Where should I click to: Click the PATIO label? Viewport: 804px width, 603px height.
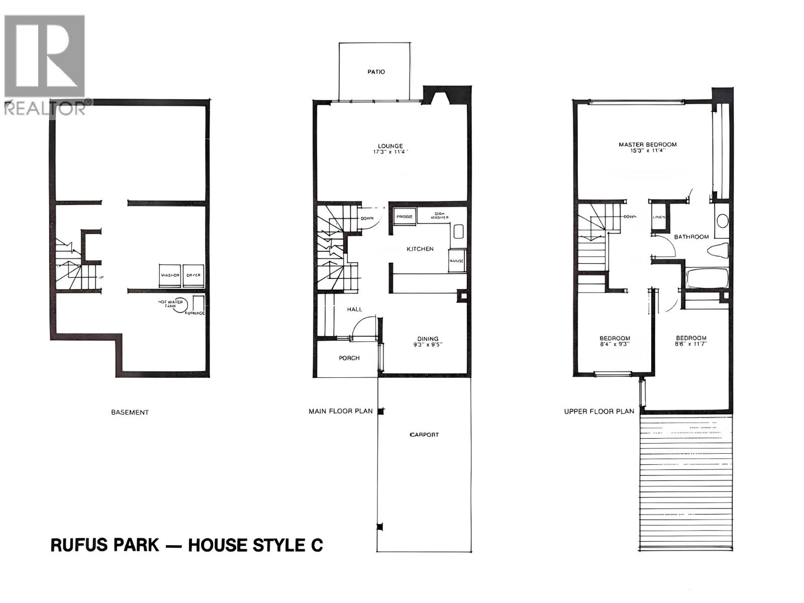[376, 72]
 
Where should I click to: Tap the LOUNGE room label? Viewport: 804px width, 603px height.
[390, 146]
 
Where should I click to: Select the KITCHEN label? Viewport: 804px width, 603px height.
[420, 249]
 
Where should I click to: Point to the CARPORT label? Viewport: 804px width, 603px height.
[424, 435]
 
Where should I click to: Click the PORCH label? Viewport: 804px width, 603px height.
[349, 358]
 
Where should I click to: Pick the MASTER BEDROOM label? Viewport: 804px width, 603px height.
[647, 145]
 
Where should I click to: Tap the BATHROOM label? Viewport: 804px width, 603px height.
[691, 237]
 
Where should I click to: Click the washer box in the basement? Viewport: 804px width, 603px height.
[170, 275]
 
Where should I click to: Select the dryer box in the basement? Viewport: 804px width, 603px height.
[193, 275]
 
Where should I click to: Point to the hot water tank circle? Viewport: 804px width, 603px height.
[180, 304]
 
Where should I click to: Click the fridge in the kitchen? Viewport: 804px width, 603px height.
[405, 217]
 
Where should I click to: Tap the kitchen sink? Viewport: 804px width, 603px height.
[458, 232]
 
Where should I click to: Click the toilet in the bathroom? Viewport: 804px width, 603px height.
[718, 250]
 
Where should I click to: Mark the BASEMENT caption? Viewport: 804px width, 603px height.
[130, 412]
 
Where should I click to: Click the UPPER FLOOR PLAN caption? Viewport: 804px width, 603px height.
[599, 411]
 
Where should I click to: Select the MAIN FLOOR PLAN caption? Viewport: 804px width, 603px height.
[341, 411]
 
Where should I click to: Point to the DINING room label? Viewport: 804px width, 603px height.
[428, 339]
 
